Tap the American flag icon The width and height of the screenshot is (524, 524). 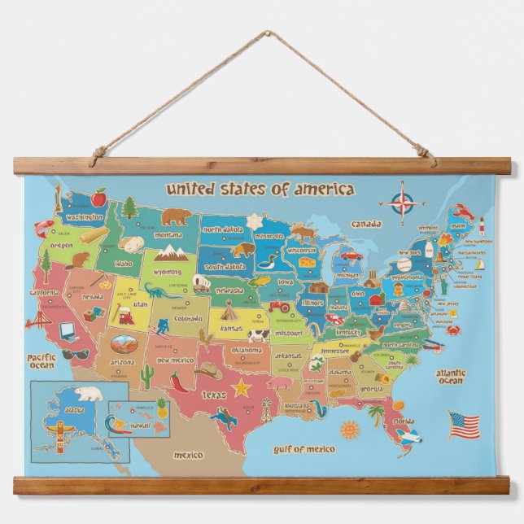click(463, 424)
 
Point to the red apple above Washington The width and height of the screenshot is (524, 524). click(98, 198)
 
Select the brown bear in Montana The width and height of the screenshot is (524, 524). click(175, 217)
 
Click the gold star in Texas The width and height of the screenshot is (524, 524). click(242, 387)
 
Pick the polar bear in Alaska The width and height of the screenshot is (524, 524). click(90, 395)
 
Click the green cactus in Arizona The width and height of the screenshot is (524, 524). click(147, 375)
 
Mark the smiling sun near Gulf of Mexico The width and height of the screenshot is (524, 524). click(350, 429)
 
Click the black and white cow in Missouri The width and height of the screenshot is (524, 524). click(259, 334)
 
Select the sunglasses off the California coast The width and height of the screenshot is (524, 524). click(75, 354)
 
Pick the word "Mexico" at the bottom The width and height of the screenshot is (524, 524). click(188, 455)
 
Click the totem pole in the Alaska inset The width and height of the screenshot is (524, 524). click(56, 429)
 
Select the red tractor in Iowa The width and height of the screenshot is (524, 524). click(280, 307)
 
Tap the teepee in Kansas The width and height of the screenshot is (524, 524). click(229, 310)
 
